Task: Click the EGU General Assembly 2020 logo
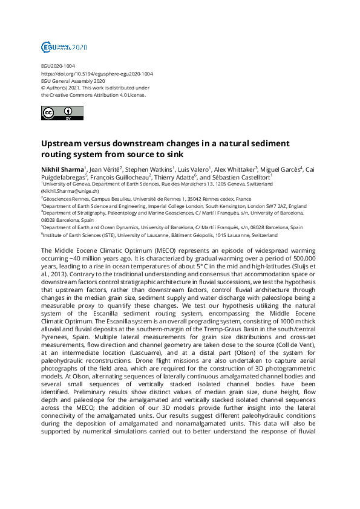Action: pos(64,47)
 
